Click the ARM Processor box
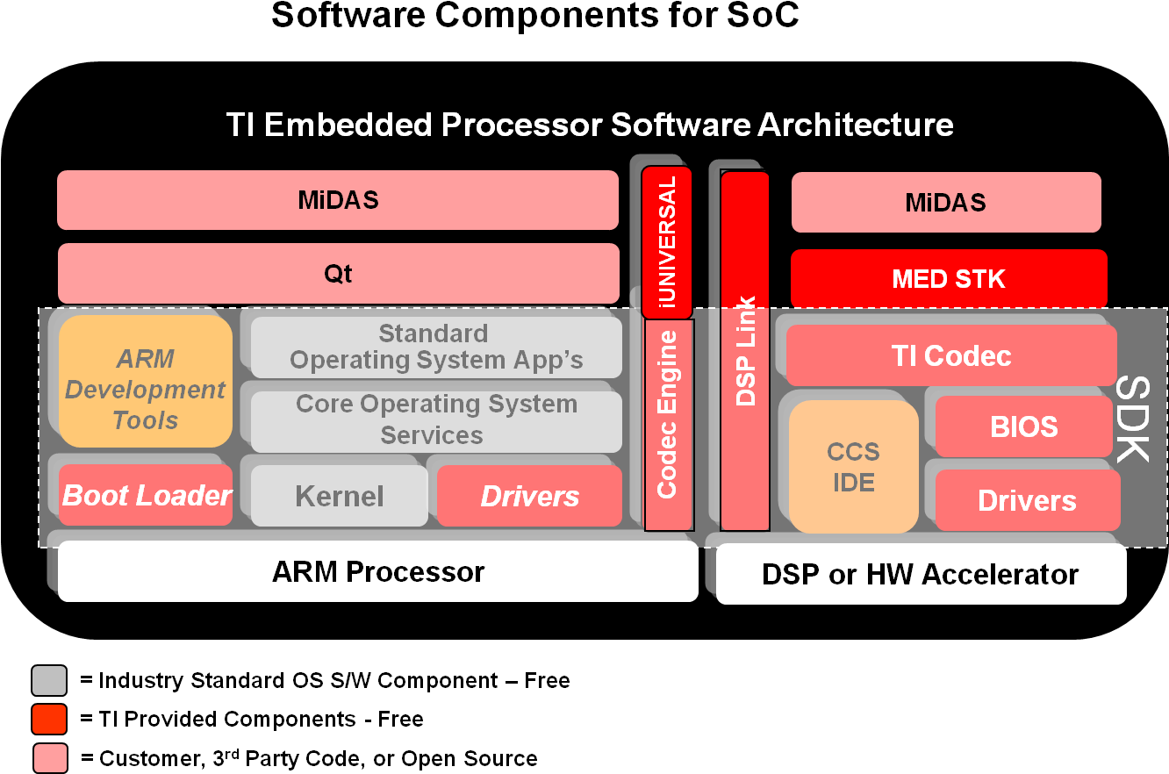point(378,571)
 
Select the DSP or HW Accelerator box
point(921,575)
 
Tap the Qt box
point(338,274)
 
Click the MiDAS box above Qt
point(338,200)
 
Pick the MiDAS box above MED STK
point(946,203)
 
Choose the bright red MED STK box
point(949,279)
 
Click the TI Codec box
point(951,355)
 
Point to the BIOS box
point(1024,426)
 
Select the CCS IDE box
point(853,466)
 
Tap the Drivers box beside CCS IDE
point(1028,500)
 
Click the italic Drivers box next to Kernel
point(530,496)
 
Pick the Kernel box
point(340,496)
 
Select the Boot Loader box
point(146,495)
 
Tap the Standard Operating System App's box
point(436,348)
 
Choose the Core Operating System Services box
point(436,419)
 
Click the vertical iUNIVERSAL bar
point(667,241)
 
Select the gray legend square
point(49,681)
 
